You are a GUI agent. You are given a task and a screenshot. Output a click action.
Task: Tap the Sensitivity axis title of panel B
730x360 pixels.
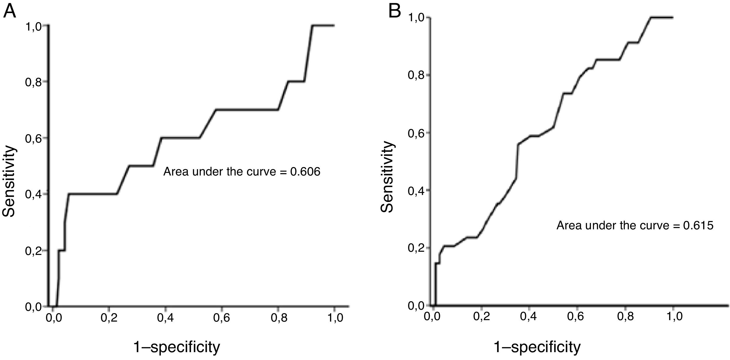(x=388, y=177)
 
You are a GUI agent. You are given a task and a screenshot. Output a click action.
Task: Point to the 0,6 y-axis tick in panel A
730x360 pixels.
(x=33, y=138)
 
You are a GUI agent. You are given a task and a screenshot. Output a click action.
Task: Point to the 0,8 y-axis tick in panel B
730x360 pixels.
(x=416, y=75)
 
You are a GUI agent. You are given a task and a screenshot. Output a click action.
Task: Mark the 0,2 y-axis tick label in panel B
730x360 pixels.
(x=416, y=248)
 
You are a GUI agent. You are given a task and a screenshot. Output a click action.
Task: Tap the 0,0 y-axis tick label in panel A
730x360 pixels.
(x=33, y=307)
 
